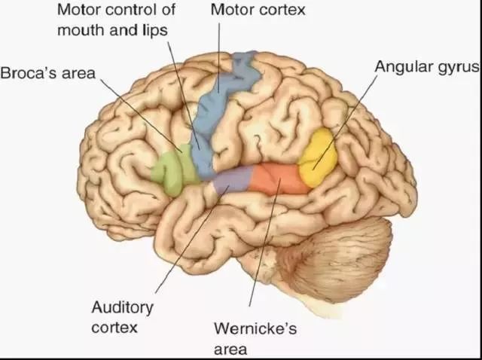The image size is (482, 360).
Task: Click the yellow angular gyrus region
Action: click(x=316, y=157)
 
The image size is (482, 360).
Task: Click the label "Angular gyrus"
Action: click(x=427, y=67)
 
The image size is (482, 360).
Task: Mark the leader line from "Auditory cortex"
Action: click(x=188, y=241)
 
